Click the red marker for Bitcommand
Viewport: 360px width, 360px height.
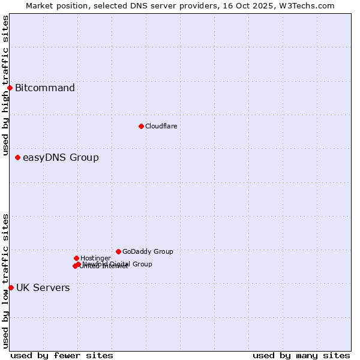coord(10,88)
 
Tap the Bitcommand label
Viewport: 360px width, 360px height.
coord(45,88)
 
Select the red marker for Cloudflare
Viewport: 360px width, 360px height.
coord(141,126)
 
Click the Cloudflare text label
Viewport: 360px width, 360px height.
coord(161,126)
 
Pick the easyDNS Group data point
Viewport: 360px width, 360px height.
coord(17,158)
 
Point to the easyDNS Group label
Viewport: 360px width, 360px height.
coord(61,158)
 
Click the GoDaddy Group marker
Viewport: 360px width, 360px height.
coord(118,251)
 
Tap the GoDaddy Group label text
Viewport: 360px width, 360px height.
coord(148,251)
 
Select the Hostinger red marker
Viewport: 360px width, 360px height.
coord(76,258)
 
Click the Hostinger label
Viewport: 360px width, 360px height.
coord(95,258)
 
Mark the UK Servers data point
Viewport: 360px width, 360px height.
coord(11,288)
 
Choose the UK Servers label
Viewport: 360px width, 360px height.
coord(43,288)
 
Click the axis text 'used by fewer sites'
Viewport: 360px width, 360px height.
coord(62,355)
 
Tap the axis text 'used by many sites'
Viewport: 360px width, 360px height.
coord(301,355)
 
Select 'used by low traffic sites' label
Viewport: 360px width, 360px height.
coord(5,281)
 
